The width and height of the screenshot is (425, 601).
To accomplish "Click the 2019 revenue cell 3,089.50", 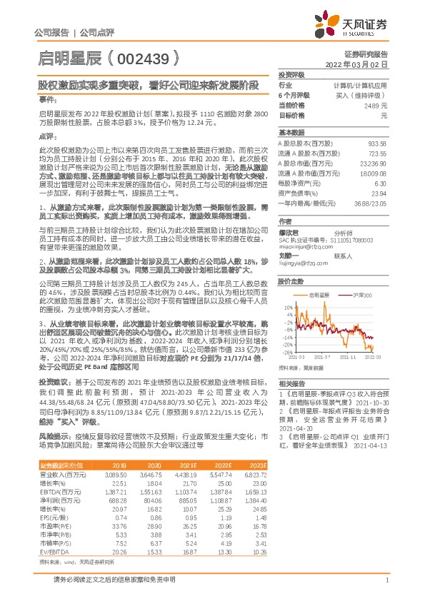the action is [x=114, y=474].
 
